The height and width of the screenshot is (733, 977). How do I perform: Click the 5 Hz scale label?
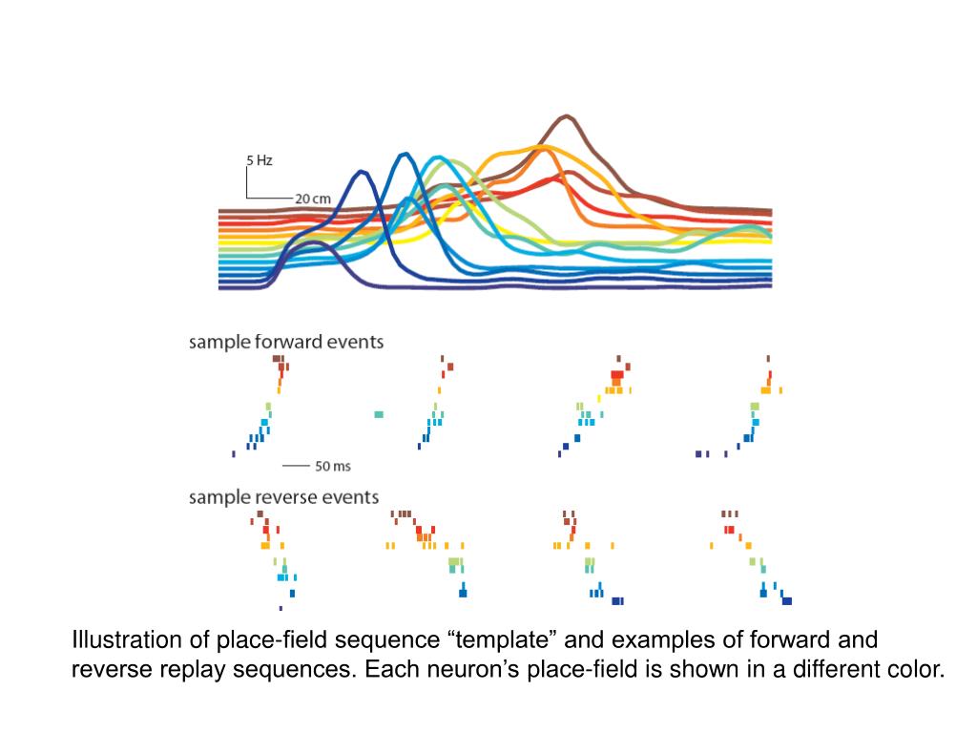point(260,161)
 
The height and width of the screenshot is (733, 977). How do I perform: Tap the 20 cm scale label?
point(312,199)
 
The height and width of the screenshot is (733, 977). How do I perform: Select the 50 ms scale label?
point(333,467)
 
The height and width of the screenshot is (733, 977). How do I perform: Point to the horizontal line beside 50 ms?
point(296,467)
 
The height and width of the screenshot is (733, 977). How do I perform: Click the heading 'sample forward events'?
point(286,342)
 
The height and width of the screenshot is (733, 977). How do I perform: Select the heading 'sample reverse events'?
point(283,497)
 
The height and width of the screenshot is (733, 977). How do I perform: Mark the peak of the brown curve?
point(567,116)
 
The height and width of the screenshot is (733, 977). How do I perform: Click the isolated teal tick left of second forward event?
point(379,414)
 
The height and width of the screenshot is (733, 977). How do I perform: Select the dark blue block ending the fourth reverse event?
point(787,601)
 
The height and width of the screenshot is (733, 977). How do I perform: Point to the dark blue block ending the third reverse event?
point(617,601)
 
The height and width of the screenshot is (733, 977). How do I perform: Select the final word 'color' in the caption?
point(915,670)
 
